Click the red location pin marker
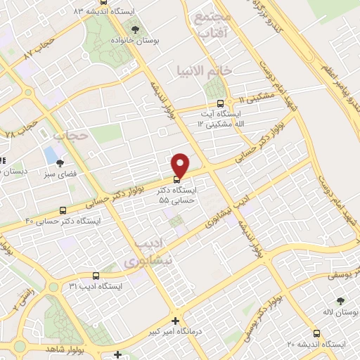[x=181, y=165]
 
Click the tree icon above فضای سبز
[x=59, y=162]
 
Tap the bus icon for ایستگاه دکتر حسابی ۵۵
[x=176, y=179]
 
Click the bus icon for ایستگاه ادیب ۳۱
[x=96, y=276]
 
